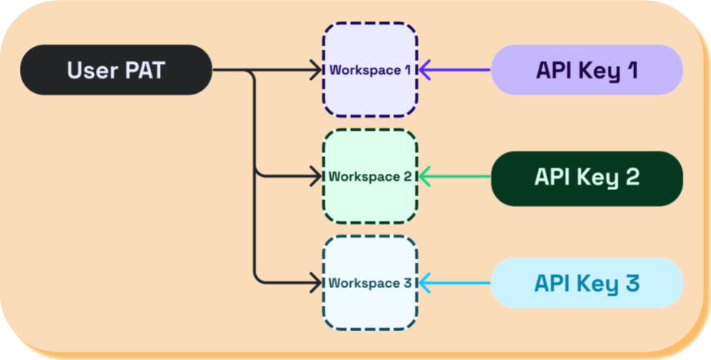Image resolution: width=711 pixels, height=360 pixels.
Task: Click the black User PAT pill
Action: [x=115, y=70]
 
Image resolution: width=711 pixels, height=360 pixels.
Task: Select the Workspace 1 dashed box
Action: [x=369, y=70]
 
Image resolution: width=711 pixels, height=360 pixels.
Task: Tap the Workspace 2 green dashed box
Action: [x=369, y=176]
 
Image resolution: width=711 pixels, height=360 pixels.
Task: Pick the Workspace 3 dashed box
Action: [x=369, y=283]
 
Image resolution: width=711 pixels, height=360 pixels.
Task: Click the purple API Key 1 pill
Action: [x=587, y=70]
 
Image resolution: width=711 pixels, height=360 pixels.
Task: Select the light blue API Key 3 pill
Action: [x=587, y=283]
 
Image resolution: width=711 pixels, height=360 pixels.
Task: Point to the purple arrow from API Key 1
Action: [x=458, y=70]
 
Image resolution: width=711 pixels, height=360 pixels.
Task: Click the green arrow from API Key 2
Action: [x=458, y=176]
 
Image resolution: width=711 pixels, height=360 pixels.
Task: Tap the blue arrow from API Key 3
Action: [x=458, y=283]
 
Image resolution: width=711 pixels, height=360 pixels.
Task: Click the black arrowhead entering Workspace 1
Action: [x=314, y=70]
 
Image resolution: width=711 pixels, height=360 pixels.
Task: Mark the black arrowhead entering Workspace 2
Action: [x=314, y=176]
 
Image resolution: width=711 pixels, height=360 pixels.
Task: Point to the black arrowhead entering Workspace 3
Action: [x=314, y=283]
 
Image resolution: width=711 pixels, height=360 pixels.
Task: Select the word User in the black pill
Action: [x=88, y=70]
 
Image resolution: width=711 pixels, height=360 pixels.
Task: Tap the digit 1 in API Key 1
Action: [x=631, y=70]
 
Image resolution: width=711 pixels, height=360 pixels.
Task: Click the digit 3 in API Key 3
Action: [x=632, y=283]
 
